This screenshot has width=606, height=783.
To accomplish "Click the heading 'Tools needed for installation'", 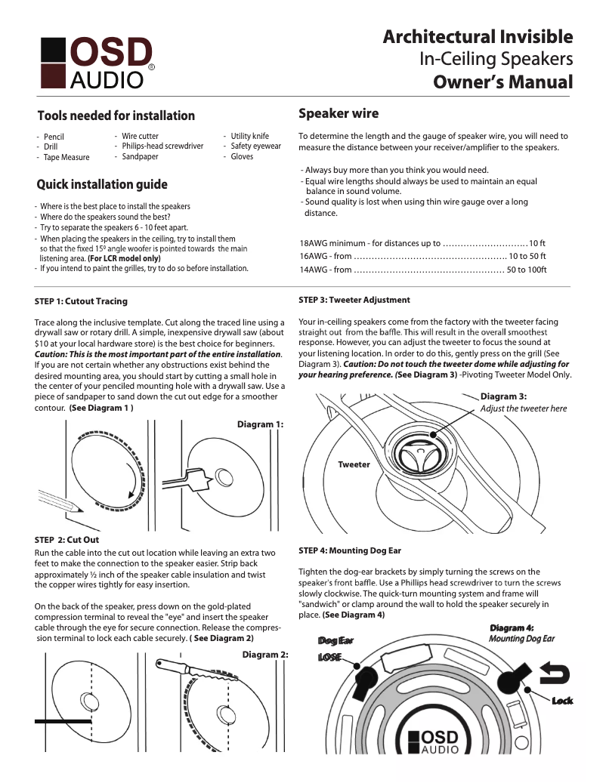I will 116,116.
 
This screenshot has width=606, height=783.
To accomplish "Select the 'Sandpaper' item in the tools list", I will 140,157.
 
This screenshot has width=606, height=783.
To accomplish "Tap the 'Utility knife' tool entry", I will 249,136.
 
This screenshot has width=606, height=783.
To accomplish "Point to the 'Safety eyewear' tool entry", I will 255,146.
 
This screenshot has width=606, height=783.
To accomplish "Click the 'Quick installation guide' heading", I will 102,184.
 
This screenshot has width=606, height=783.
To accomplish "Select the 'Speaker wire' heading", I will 339,114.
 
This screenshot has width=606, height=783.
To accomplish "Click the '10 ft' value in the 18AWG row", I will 536,243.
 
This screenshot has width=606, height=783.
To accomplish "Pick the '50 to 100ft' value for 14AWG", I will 526,270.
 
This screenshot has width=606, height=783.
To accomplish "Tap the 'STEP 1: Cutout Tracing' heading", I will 81,301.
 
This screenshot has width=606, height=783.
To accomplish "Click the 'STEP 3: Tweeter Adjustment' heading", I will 354,300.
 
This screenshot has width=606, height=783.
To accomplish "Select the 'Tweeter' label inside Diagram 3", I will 354,464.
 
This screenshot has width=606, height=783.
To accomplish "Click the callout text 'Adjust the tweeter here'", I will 523,408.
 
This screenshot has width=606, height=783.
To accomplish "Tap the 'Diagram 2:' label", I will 265,655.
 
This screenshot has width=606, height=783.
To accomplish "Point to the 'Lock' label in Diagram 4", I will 561,701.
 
